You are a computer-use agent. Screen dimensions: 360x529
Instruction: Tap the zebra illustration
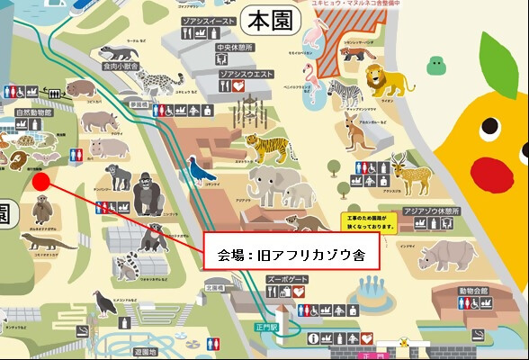coord(342,91)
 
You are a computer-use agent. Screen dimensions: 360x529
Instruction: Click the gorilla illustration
coord(148,193)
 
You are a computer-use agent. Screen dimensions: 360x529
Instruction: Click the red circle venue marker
coord(40,181)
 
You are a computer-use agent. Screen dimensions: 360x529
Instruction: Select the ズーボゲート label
coord(288,280)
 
